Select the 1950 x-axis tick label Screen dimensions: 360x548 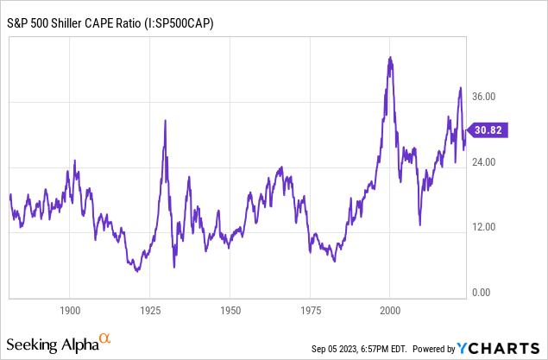(230, 309)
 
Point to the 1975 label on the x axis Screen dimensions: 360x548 (310, 309)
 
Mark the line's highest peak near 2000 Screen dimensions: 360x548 (391, 58)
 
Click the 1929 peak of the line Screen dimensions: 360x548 (165, 120)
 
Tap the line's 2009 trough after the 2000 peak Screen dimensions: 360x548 (419, 224)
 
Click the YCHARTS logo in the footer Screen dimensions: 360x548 (500, 349)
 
